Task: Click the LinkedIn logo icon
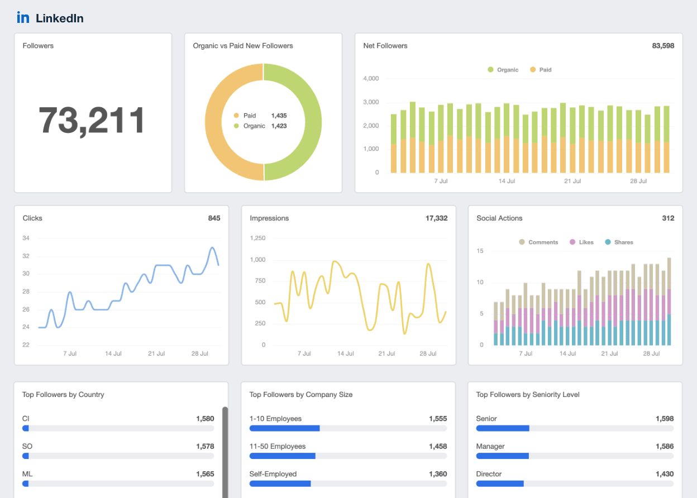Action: tap(23, 17)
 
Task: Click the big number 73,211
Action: tap(92, 121)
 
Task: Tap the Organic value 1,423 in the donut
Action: tap(279, 126)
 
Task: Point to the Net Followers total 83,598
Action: tap(663, 46)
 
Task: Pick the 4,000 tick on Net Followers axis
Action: tap(370, 79)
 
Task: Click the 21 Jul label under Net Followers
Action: tap(572, 181)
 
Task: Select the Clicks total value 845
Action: tap(214, 218)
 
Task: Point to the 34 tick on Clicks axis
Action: tap(26, 238)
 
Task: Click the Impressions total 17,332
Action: tap(436, 218)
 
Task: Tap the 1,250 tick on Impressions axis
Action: tap(257, 238)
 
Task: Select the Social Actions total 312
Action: tap(668, 218)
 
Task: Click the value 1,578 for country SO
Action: tap(205, 446)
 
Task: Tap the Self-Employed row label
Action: tap(273, 474)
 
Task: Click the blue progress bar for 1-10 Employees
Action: tap(284, 428)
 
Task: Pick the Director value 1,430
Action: tap(665, 474)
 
